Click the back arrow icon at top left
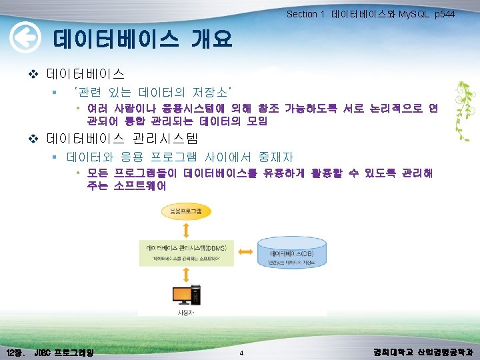[x=24, y=40]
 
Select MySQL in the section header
[x=413, y=14]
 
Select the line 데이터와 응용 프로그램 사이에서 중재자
[x=180, y=157]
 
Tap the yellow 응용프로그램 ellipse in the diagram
[x=187, y=211]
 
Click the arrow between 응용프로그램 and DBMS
[x=187, y=229]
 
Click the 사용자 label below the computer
[x=185, y=312]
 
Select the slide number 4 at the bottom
[x=241, y=352]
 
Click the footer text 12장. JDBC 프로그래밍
[x=50, y=351]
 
